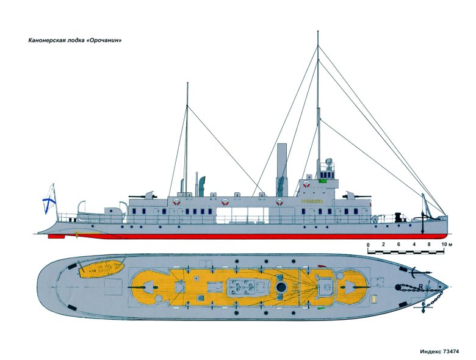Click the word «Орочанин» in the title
pos(104,40)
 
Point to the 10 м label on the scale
pos(446,244)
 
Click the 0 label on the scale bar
pos(368,245)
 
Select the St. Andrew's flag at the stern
pos(49,200)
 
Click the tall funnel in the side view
pos(282,170)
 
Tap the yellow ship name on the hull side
pos(312,201)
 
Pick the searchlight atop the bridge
pos(328,161)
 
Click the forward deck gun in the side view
pos(356,195)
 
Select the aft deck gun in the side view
pos(143,195)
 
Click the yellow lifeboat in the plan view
pos(102,268)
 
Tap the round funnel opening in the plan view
pos(281,287)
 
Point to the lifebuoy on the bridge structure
pos(306,184)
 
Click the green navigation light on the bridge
pos(322,181)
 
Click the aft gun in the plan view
pos(143,287)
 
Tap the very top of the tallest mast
pos(318,31)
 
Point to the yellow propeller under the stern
pos(76,234)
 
